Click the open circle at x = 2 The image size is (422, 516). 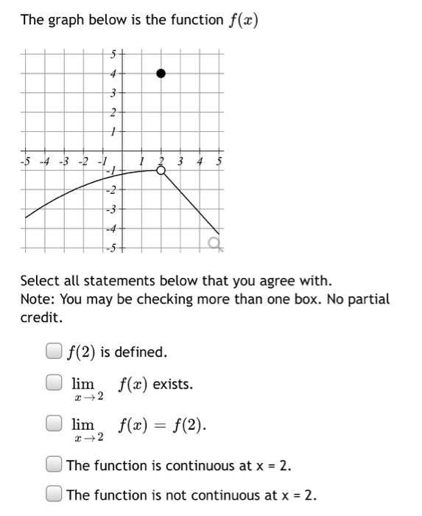click(161, 170)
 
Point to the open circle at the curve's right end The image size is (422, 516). click(214, 242)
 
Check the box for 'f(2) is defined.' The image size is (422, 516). click(54, 352)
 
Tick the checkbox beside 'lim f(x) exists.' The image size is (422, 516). click(54, 383)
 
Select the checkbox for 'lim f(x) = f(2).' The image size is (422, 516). click(54, 425)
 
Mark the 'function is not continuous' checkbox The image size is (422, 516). click(54, 494)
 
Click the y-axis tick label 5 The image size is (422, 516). click(113, 53)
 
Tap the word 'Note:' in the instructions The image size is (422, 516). click(38, 299)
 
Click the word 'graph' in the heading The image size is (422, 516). click(66, 20)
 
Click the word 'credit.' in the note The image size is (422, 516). click(41, 318)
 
